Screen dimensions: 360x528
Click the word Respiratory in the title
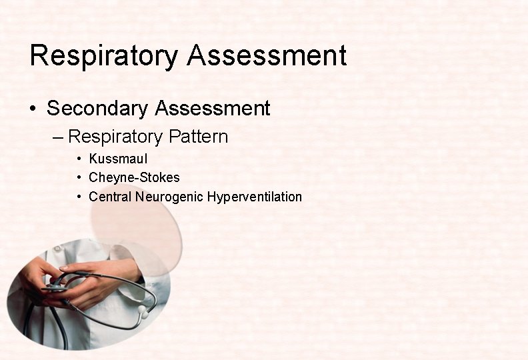tap(104, 56)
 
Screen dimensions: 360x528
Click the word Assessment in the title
tap(267, 56)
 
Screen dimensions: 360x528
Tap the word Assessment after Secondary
tap(213, 108)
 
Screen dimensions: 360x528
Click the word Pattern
tap(198, 137)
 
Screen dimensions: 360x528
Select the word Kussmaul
tap(118, 159)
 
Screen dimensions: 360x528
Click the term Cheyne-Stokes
tap(134, 178)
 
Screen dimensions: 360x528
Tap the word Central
tap(110, 197)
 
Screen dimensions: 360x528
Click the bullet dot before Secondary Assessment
tap(33, 109)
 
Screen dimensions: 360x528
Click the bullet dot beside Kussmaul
tap(79, 159)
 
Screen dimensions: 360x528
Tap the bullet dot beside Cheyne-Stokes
tap(79, 178)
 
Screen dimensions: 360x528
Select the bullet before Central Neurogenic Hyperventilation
tap(79, 197)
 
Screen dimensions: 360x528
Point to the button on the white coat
tap(57, 248)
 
